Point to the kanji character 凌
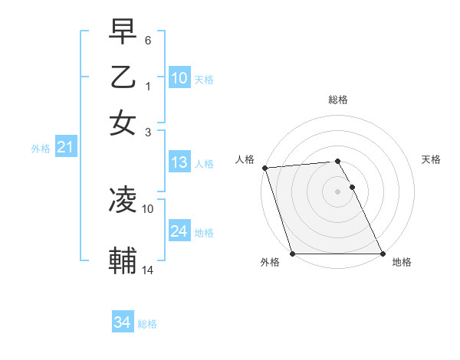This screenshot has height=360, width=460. click(x=123, y=200)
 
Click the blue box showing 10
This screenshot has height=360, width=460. click(x=179, y=78)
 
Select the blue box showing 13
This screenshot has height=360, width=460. click(x=179, y=162)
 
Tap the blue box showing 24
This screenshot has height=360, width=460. click(x=179, y=231)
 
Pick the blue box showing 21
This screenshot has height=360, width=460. click(x=64, y=148)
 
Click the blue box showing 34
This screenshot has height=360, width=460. click(x=122, y=322)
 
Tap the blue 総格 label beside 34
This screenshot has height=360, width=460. click(x=147, y=324)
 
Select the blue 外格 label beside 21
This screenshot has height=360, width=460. click(x=41, y=149)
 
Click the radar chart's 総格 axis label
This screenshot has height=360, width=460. click(x=338, y=100)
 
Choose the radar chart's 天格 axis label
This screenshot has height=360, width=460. click(x=432, y=159)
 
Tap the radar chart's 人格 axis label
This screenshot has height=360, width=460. click(x=245, y=159)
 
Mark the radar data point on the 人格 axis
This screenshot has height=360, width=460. click(x=264, y=168)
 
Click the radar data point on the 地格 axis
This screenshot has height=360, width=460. click(x=382, y=254)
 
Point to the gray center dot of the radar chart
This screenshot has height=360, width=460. click(x=338, y=191)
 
